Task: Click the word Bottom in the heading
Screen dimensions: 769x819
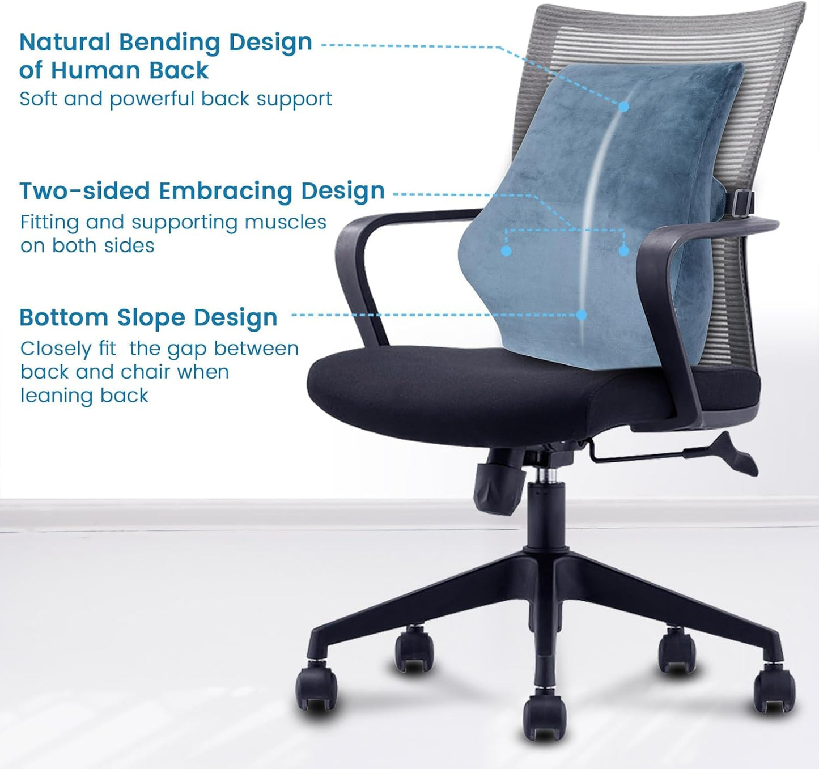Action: pyautogui.click(x=63, y=318)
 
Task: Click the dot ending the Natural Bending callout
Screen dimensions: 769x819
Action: pyautogui.click(x=624, y=107)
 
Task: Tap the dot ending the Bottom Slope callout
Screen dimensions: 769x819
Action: pyautogui.click(x=582, y=315)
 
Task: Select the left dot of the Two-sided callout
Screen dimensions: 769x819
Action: pyautogui.click(x=507, y=250)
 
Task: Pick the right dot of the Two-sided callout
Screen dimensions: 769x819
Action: pyautogui.click(x=624, y=250)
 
